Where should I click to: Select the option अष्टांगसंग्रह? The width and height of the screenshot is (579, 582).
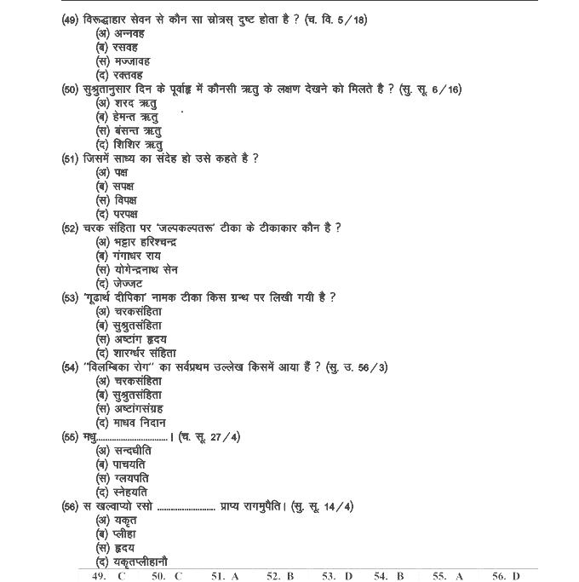pyautogui.click(x=138, y=408)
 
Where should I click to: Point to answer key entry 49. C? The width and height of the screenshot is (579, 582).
pyautogui.click(x=109, y=576)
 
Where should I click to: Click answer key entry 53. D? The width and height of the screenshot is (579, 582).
pyautogui.click(x=336, y=576)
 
